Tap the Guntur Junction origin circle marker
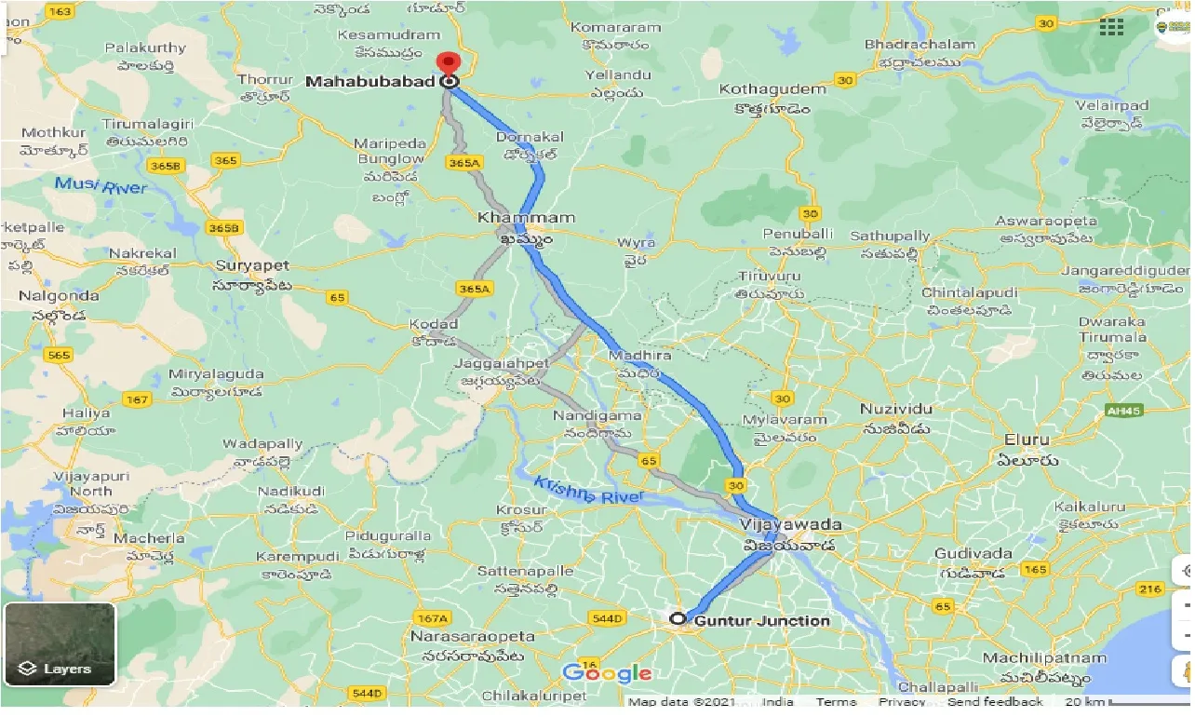[x=678, y=618]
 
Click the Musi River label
[x=101, y=185]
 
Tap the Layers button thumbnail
[x=60, y=643]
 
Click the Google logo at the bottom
[x=607, y=672]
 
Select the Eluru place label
[x=1026, y=440]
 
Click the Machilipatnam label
[x=1056, y=658]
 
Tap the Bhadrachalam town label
[x=920, y=44]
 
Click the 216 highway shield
[x=1150, y=588]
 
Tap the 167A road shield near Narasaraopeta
[x=432, y=617]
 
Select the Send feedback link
[x=995, y=702]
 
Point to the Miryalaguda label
[x=216, y=374]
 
